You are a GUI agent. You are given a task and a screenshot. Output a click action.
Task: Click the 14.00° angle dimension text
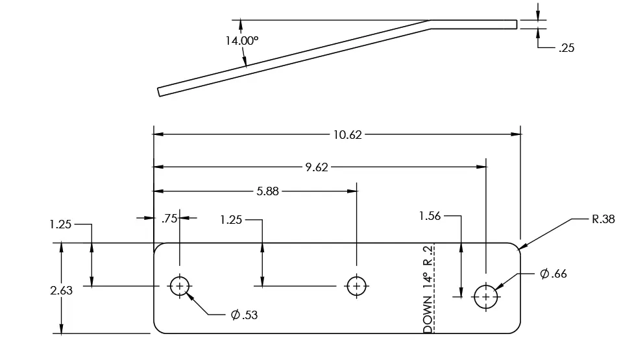pos(241,40)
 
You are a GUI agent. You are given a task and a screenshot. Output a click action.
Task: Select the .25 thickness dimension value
pos(566,47)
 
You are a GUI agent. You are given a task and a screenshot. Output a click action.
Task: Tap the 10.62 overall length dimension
pos(348,135)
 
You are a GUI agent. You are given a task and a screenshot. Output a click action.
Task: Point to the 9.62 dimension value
pos(317,167)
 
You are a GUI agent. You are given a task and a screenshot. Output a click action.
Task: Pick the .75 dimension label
pos(169,219)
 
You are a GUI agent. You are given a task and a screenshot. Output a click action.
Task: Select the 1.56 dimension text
pos(430,216)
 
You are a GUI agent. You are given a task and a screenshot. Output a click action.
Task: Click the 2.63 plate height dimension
pos(62,291)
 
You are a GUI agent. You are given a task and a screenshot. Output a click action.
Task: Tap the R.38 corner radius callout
pos(603,219)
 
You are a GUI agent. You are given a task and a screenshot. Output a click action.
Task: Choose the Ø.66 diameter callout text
pos(554,274)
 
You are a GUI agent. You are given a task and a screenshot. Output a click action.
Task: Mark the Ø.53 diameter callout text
pos(244,315)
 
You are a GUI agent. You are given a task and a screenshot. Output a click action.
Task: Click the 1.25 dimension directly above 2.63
pos(60,224)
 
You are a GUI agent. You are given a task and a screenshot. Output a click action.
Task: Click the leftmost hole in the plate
pos(180,285)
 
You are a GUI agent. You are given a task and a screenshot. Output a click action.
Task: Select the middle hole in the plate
pos(356,285)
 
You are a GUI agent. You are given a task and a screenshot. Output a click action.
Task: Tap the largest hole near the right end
pos(485,296)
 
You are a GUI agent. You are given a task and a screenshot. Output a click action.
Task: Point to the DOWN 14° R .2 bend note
pos(428,289)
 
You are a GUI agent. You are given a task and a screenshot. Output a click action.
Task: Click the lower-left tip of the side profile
pos(159,92)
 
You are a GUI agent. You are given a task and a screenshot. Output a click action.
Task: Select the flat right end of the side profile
pos(517,25)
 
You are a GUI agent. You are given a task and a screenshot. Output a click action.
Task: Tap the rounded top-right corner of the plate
pos(516,247)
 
